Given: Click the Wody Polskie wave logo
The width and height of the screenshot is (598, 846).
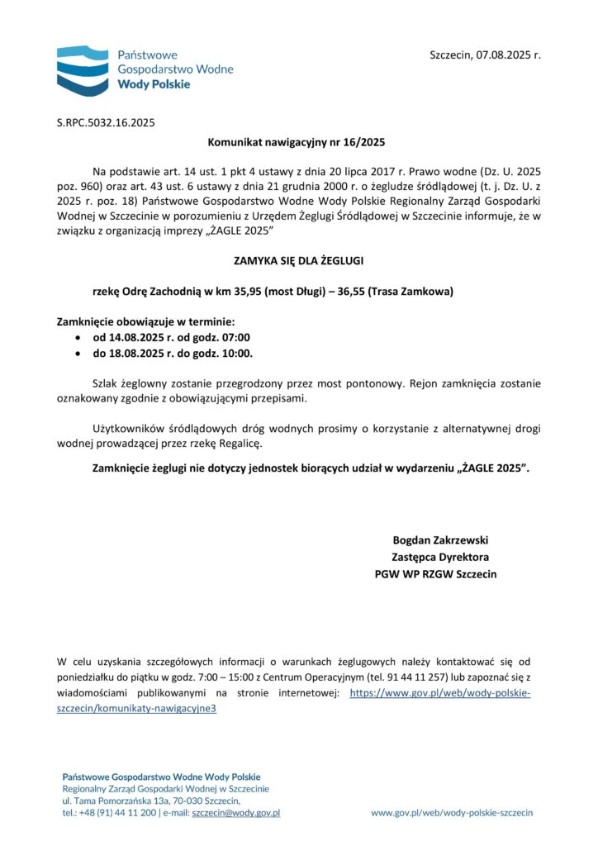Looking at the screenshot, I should (83, 70).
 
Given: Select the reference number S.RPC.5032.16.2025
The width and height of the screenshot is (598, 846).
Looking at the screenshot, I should (106, 123).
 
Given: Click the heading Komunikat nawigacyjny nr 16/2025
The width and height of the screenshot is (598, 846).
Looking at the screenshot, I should (298, 142).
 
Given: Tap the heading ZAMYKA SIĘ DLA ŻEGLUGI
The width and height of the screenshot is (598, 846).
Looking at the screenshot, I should (298, 261).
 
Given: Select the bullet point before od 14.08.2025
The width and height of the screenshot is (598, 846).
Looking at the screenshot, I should (78, 338).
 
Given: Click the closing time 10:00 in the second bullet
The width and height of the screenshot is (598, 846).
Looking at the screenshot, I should (236, 353).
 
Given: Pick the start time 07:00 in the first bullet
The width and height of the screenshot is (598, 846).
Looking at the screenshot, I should (235, 337).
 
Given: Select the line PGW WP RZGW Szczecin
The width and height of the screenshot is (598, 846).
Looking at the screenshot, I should (435, 573).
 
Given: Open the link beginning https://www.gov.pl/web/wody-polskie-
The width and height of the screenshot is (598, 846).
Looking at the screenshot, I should (439, 693).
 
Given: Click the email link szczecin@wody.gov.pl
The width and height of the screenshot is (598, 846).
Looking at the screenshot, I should (236, 813).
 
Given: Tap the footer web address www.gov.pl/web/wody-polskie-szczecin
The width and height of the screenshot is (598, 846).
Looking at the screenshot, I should (452, 813).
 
